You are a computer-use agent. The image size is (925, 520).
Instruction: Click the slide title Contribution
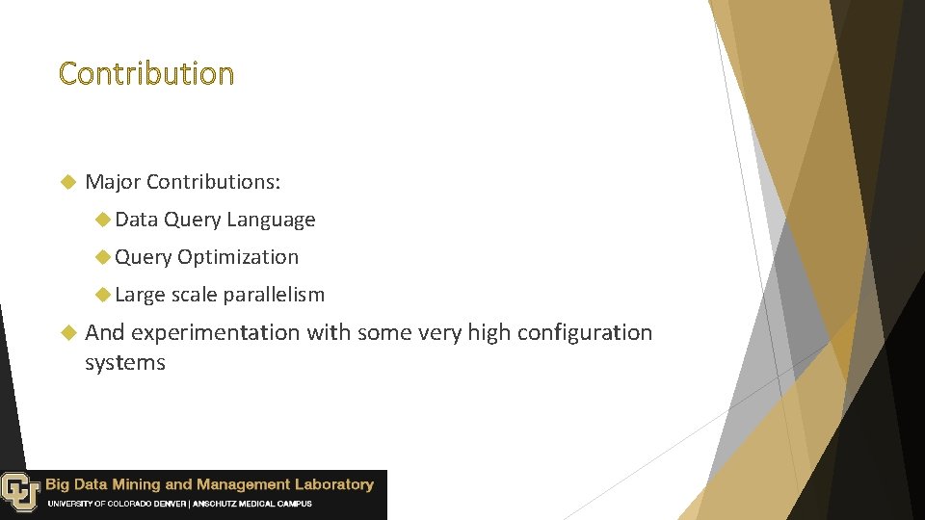pyautogui.click(x=145, y=74)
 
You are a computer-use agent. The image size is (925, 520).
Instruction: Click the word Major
pyautogui.click(x=113, y=182)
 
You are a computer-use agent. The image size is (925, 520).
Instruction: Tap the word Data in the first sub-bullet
pyautogui.click(x=136, y=220)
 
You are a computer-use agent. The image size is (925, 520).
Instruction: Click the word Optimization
pyautogui.click(x=238, y=257)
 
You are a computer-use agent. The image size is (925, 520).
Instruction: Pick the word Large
pyautogui.click(x=140, y=295)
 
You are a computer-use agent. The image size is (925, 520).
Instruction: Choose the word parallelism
pyautogui.click(x=274, y=295)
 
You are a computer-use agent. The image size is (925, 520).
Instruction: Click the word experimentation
pyautogui.click(x=216, y=333)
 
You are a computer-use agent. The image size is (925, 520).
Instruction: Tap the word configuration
pyautogui.click(x=585, y=333)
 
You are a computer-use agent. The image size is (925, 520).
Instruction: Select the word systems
pyautogui.click(x=125, y=363)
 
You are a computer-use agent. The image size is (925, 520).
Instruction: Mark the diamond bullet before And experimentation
pyautogui.click(x=67, y=332)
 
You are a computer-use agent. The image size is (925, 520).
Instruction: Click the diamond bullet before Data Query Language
pyautogui.click(x=103, y=220)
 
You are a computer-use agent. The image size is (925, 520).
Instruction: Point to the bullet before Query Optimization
pyautogui.click(x=103, y=257)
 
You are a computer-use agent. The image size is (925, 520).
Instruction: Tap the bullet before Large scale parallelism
pyautogui.click(x=103, y=295)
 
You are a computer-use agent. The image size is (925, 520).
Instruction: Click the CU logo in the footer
pyautogui.click(x=19, y=491)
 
